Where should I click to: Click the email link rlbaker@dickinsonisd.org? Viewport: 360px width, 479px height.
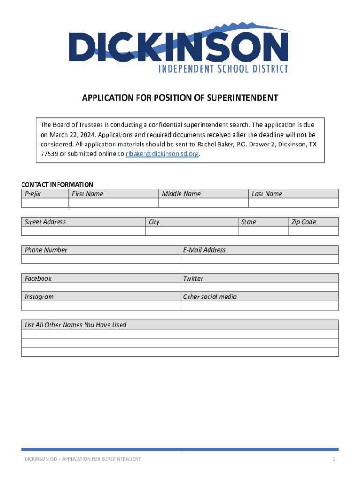[162, 154]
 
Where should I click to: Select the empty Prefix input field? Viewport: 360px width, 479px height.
[45, 203]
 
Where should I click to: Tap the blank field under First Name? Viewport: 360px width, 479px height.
[114, 203]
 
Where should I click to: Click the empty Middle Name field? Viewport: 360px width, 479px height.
[203, 203]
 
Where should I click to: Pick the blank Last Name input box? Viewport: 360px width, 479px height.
[294, 203]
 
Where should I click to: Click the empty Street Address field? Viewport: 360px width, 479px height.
[83, 231]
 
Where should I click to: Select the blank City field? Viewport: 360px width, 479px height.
[192, 231]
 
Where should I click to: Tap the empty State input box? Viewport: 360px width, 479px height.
[263, 231]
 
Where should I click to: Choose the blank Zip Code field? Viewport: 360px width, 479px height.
[313, 231]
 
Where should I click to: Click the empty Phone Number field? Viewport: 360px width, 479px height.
[101, 259]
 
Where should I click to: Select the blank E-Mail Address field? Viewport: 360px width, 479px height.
[259, 259]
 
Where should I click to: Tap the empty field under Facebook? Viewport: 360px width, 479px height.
[101, 287]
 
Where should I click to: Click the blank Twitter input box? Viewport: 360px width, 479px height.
[259, 287]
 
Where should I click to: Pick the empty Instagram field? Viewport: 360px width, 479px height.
[101, 305]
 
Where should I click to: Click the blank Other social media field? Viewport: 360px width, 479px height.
[259, 305]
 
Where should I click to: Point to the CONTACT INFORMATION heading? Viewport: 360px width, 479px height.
[57, 185]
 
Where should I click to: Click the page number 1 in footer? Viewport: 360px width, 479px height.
[334, 459]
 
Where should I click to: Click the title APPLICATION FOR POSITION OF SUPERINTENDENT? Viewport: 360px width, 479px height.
[180, 98]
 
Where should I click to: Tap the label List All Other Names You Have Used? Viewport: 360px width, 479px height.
[75, 325]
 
